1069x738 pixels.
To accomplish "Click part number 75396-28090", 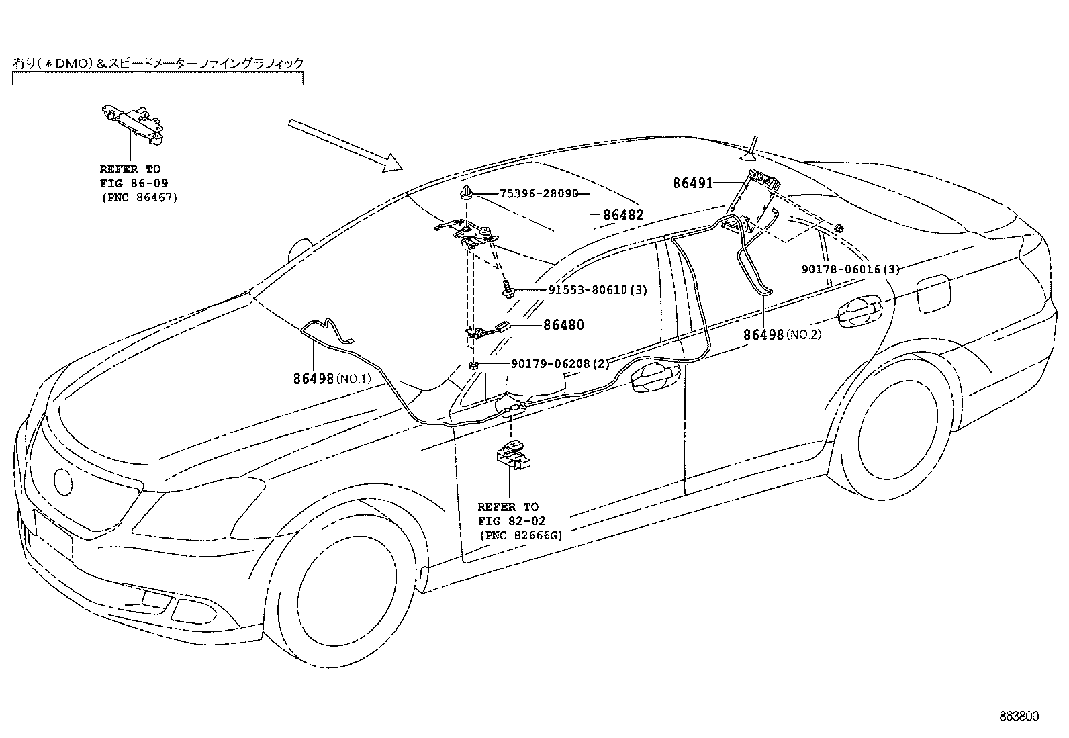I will pyautogui.click(x=539, y=194).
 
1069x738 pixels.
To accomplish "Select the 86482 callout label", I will pyautogui.click(x=622, y=215).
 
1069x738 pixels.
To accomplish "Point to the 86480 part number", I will pyautogui.click(x=563, y=325).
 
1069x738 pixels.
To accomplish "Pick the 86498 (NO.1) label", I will pyautogui.click(x=331, y=379).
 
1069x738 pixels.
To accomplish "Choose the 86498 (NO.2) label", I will pyautogui.click(x=782, y=334).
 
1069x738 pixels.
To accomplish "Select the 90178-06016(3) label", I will pyautogui.click(x=849, y=269).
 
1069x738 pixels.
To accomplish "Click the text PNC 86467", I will pyautogui.click(x=139, y=198).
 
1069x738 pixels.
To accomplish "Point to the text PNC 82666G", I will pyautogui.click(x=520, y=535).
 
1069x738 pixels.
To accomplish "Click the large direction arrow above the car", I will pyautogui.click(x=344, y=144).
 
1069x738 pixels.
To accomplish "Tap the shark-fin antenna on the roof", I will pyautogui.click(x=751, y=151).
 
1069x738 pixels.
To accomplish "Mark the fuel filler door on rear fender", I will pyautogui.click(x=934, y=294).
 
